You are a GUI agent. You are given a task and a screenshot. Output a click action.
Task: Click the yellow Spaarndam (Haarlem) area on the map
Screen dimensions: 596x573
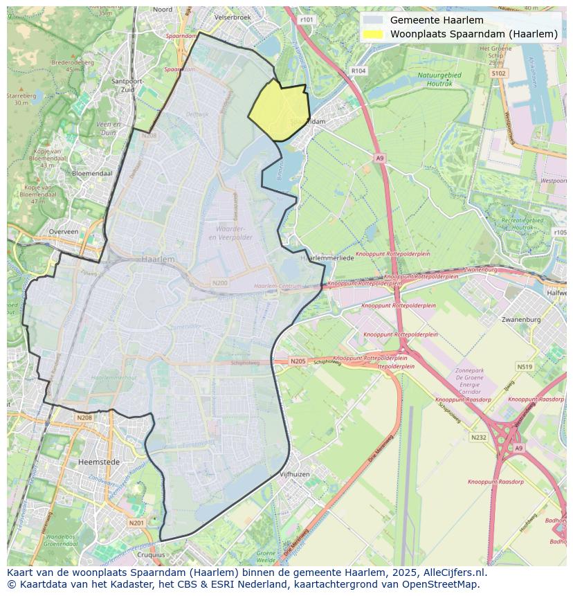click(x=278, y=111)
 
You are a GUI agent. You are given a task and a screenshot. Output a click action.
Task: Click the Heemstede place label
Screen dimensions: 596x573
click(x=99, y=462)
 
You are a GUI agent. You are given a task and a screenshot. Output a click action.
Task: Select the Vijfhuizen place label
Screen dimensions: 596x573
click(x=295, y=474)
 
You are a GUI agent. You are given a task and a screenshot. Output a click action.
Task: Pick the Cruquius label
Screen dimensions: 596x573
click(x=151, y=554)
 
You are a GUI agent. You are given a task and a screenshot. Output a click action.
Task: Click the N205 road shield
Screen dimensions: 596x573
click(x=298, y=361)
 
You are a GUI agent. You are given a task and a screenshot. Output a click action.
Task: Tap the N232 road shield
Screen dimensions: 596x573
click(x=478, y=437)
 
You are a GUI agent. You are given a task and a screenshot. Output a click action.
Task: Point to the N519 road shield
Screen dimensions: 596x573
click(x=525, y=367)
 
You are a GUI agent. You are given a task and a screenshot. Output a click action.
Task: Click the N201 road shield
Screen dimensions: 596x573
click(x=136, y=523)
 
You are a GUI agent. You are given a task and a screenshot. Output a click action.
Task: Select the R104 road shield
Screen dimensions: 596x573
click(x=358, y=71)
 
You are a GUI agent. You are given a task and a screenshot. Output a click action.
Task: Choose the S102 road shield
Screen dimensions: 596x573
click(x=498, y=73)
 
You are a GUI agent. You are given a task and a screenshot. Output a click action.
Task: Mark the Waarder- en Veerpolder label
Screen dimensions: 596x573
click(x=230, y=233)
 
